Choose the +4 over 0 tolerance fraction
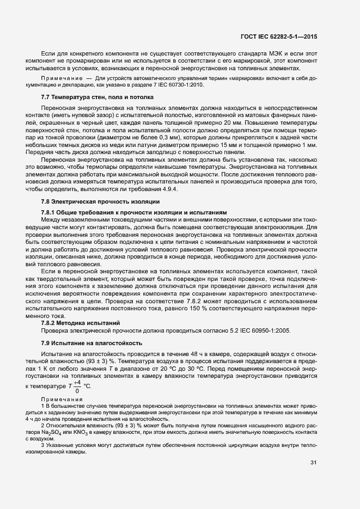pos(77,387)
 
